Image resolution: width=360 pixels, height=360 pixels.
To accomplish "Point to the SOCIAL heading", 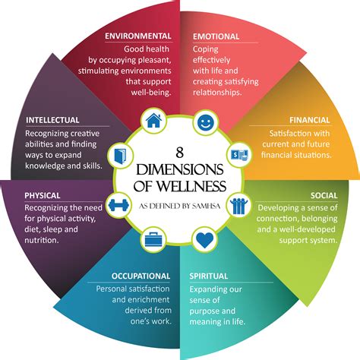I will pos(324,194).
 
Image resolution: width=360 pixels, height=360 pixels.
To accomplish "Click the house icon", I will pos(153,120).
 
